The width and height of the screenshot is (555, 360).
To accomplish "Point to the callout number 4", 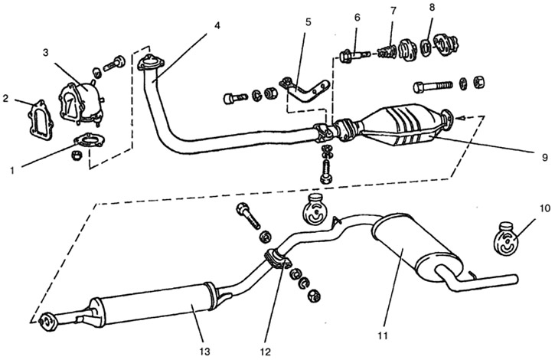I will pos(217,25).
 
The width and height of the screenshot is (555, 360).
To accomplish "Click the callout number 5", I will pos(308,23).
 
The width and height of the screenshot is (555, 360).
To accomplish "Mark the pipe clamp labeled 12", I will pos(276,260).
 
